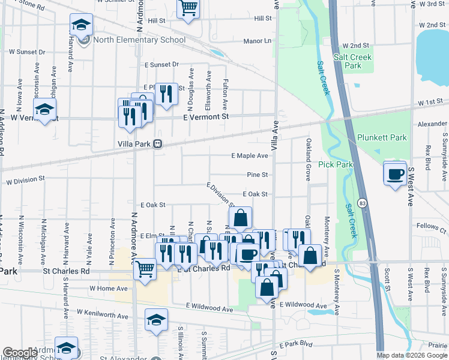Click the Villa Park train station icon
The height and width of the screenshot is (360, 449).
(x=158, y=144)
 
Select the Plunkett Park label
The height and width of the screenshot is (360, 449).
(x=382, y=137)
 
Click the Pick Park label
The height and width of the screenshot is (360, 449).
(x=336, y=164)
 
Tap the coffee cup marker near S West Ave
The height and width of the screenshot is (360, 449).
(x=394, y=174)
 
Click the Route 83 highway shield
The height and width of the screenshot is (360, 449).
(x=362, y=203)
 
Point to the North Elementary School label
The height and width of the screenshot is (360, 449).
(x=139, y=40)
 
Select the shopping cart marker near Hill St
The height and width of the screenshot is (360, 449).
(x=188, y=8)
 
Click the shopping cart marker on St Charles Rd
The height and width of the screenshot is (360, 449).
(x=145, y=269)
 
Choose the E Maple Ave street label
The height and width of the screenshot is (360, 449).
(x=250, y=156)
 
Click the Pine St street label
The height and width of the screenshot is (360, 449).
(x=256, y=175)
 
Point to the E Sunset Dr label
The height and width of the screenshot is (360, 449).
(x=161, y=64)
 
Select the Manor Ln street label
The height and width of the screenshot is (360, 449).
(x=258, y=41)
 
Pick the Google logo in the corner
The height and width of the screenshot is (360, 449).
(x=20, y=352)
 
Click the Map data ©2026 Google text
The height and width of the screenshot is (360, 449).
(x=412, y=355)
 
